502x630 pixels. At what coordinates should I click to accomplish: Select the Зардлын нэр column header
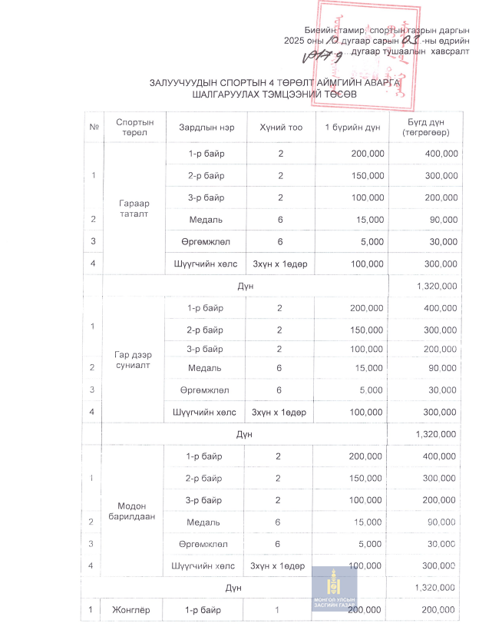tap(201, 126)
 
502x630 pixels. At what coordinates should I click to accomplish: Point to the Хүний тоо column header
tap(280, 126)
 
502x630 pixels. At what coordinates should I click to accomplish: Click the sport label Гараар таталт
tap(134, 208)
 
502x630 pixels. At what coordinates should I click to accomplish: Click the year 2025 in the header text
tap(295, 39)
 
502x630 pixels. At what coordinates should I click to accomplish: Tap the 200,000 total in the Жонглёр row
tap(440, 611)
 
